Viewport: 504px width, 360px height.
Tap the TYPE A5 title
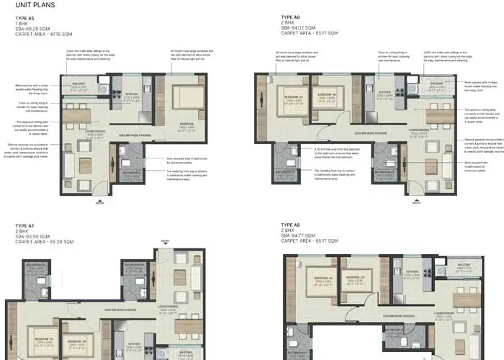click(x=25, y=17)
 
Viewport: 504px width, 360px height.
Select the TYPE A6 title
click(x=291, y=17)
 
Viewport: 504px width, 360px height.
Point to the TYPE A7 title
click(x=25, y=227)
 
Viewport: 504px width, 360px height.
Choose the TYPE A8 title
click(x=291, y=227)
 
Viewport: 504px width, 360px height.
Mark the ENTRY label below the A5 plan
click(x=99, y=204)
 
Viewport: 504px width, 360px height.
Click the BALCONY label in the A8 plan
click(x=462, y=264)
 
